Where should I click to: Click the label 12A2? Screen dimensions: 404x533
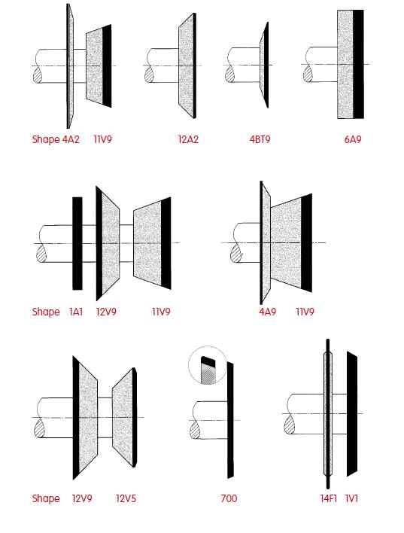coord(188,139)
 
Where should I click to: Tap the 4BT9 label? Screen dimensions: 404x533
coord(260,139)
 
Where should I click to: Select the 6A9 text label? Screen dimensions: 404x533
coord(353,139)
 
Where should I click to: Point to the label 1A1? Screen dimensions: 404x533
coord(76,312)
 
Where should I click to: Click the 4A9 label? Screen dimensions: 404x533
coord(267,312)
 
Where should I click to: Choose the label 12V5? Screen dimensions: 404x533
coord(126,498)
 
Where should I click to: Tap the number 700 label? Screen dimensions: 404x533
coord(229,498)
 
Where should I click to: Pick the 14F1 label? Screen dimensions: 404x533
coord(328,498)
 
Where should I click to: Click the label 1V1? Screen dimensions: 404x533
coord(351,498)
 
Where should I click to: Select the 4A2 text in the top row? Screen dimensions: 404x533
coord(71,139)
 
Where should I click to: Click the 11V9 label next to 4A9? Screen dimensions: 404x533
coord(305,312)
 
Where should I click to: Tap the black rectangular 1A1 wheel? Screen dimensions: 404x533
coord(77,243)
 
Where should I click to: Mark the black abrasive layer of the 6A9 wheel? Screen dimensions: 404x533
coord(358,64)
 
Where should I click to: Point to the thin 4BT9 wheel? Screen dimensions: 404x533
coord(265,65)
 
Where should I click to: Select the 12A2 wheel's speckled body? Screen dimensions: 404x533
coord(187,65)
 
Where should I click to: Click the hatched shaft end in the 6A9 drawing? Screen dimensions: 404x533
coord(308,74)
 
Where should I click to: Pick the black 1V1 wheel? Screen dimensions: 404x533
coord(351,414)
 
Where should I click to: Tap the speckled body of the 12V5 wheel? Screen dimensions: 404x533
coord(123,417)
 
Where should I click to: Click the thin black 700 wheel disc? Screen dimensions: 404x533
coord(230,420)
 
